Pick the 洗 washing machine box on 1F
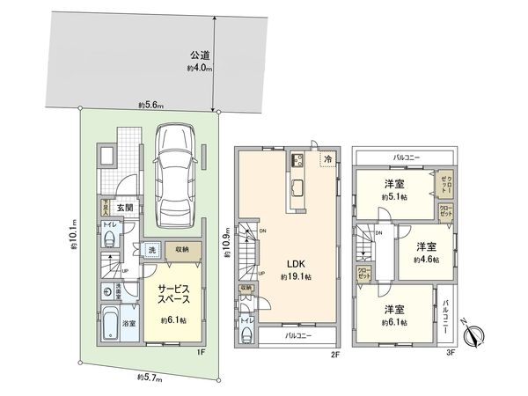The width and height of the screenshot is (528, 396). tap(150, 249)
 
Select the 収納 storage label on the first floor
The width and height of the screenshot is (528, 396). tap(180, 249)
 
